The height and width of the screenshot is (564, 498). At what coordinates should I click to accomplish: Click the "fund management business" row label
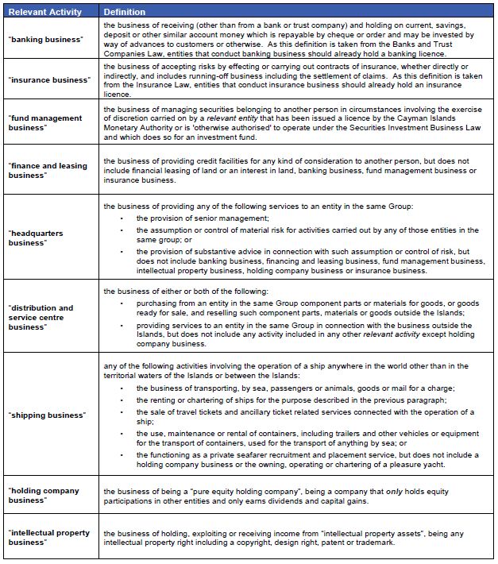pyautogui.click(x=45, y=123)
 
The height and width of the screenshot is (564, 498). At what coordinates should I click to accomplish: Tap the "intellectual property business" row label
pyautogui.click(x=49, y=537)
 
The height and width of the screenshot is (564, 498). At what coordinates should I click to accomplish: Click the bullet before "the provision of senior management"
pyautogui.click(x=122, y=218)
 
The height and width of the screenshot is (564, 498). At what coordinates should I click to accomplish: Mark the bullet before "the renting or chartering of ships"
pyautogui.click(x=122, y=400)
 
